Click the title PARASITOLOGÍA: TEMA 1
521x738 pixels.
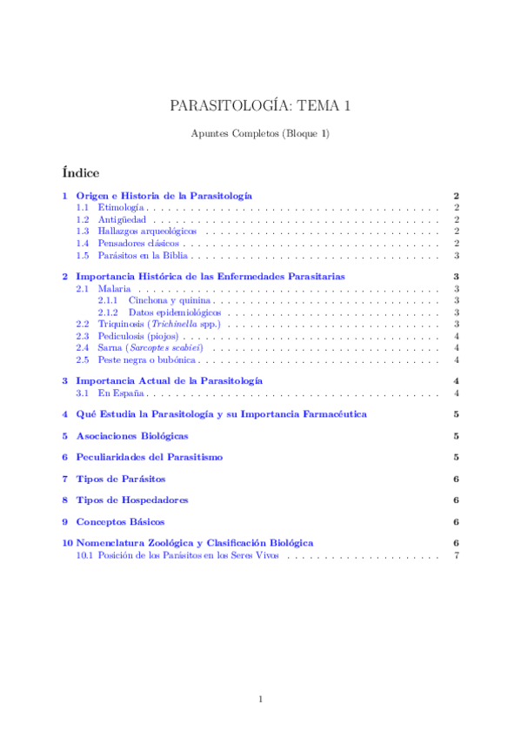(260, 106)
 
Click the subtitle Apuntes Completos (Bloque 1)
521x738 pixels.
(260, 133)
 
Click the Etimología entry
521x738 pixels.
(121, 209)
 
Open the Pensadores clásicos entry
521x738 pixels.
(138, 245)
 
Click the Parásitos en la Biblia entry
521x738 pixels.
(143, 256)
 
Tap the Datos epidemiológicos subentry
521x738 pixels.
(174, 312)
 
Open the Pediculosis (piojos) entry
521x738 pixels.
(137, 336)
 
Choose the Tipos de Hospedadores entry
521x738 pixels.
(131, 500)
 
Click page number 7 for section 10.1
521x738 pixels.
(456, 555)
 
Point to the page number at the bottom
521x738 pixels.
(260, 699)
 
